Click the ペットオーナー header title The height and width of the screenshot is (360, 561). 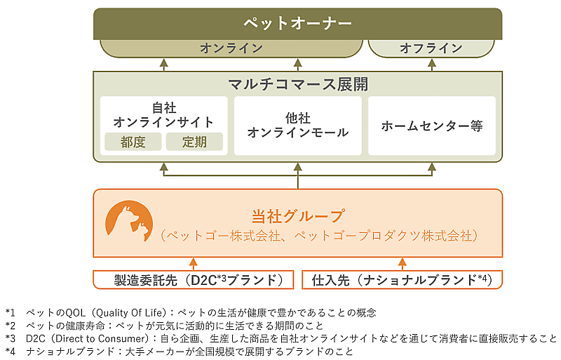pyautogui.click(x=298, y=23)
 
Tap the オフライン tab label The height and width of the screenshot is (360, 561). pyautogui.click(x=431, y=48)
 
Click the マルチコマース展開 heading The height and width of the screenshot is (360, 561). pyautogui.click(x=298, y=84)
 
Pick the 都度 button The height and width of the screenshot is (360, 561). pyautogui.click(x=133, y=142)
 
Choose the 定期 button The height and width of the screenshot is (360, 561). pyautogui.click(x=194, y=142)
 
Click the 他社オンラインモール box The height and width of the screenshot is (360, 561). pyautogui.click(x=298, y=126)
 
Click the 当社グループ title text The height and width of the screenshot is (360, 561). pyautogui.click(x=298, y=215)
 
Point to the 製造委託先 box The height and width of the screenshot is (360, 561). pyautogui.click(x=193, y=280)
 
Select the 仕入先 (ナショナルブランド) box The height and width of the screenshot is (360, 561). pyautogui.click(x=402, y=280)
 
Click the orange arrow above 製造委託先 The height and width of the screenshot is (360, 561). pyautogui.click(x=193, y=264)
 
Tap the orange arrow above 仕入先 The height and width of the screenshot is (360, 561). pyautogui.click(x=402, y=264)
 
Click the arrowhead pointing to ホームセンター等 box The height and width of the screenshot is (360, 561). pyautogui.click(x=431, y=168)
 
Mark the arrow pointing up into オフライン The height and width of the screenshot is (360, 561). pyautogui.click(x=431, y=64)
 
